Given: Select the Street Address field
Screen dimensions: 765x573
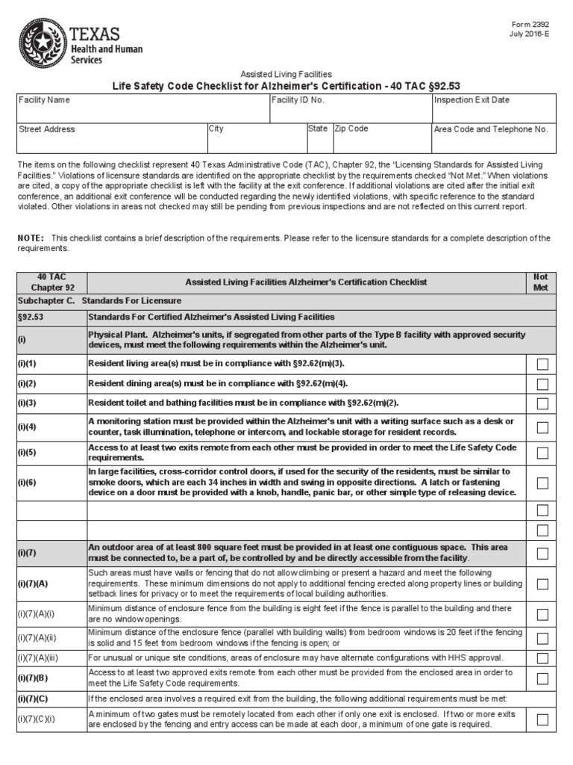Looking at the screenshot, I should click(x=111, y=137).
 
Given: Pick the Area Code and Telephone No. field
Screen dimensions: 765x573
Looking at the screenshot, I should click(x=493, y=137).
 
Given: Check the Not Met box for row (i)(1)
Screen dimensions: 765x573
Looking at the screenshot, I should click(x=542, y=364).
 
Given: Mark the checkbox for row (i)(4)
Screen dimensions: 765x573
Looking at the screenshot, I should click(x=542, y=427).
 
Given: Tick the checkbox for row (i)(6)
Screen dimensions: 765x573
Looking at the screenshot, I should click(x=542, y=483).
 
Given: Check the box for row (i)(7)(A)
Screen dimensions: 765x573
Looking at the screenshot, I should click(x=542, y=583).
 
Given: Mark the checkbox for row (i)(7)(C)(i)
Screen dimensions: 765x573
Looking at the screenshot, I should click(x=542, y=720).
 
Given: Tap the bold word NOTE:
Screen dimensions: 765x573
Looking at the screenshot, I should click(x=31, y=238).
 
